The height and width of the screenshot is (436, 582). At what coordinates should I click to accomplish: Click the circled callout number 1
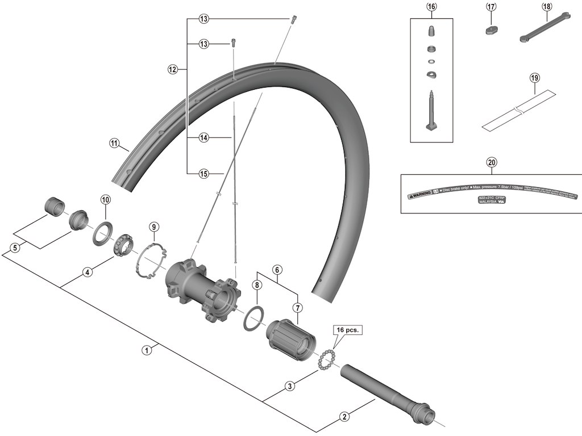pos(147,350)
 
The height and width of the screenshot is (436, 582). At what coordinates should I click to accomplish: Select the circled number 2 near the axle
pos(344,417)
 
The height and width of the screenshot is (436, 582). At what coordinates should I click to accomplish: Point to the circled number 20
pos(492,162)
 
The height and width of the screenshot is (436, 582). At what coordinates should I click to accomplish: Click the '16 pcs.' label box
pos(347,330)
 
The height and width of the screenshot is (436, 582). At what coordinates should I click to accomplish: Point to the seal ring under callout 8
pos(253,318)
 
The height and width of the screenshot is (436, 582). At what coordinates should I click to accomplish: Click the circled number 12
pos(173,70)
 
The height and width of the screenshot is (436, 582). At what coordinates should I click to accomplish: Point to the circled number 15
pos(204,174)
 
